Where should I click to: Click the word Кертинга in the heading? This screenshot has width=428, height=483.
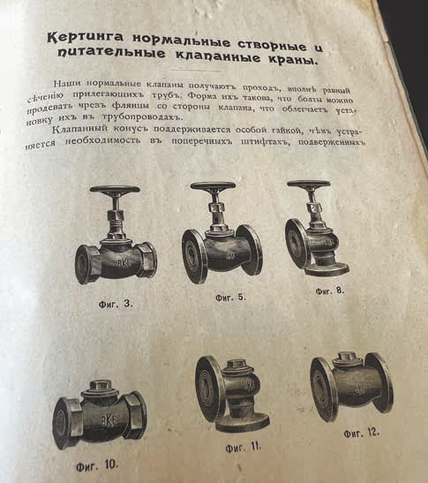coord(85,37)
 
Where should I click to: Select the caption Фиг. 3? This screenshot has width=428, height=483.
coord(116,304)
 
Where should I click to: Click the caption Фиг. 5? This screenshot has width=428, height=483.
coord(230,298)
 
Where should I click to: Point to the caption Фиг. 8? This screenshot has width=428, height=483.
coord(330,291)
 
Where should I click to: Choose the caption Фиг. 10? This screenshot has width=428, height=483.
coord(97,464)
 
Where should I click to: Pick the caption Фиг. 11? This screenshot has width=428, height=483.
coord(244,447)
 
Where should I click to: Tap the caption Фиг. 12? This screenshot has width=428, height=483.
coord(362,433)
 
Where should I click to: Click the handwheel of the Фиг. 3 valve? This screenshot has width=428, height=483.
coord(115,190)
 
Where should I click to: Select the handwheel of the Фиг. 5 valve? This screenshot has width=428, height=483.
coord(213,185)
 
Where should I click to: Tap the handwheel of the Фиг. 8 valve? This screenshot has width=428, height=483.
coord(309,184)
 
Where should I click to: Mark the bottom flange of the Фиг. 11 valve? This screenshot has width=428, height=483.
coord(243,423)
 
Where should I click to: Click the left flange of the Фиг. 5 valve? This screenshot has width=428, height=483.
coord(194,256)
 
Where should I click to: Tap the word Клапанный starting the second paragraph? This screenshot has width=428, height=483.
coord(80,129)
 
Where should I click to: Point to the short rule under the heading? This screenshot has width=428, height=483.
coord(196,71)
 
